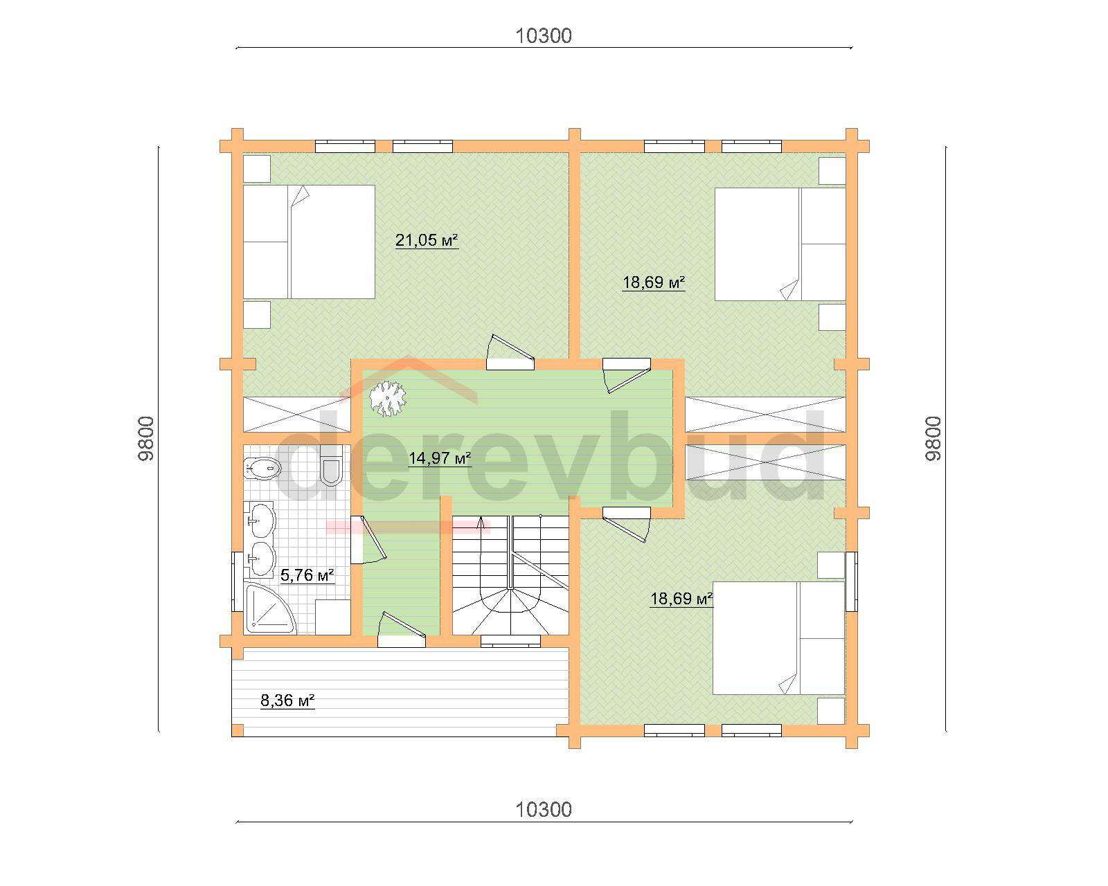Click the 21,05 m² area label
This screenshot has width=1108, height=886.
tap(427, 240)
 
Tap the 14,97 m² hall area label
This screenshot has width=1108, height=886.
tap(440, 458)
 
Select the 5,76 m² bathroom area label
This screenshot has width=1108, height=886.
tap(307, 575)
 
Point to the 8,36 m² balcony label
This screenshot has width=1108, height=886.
tap(287, 700)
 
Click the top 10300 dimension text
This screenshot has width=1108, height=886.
tap(544, 36)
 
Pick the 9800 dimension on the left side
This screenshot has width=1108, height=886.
tap(146, 439)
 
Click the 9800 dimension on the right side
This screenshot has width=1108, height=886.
tap(933, 439)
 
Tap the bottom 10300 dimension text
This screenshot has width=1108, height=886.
tap(544, 810)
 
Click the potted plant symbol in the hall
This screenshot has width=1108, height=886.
tap(388, 398)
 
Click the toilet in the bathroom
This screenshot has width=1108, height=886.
tap(330, 465)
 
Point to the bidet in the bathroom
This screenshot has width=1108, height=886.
tap(262, 469)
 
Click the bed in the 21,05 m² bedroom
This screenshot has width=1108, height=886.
tap(309, 242)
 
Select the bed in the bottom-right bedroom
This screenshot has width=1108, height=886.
tap(778, 638)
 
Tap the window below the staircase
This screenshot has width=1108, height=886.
tap(511, 641)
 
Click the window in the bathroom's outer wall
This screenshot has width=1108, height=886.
tap(238, 581)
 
